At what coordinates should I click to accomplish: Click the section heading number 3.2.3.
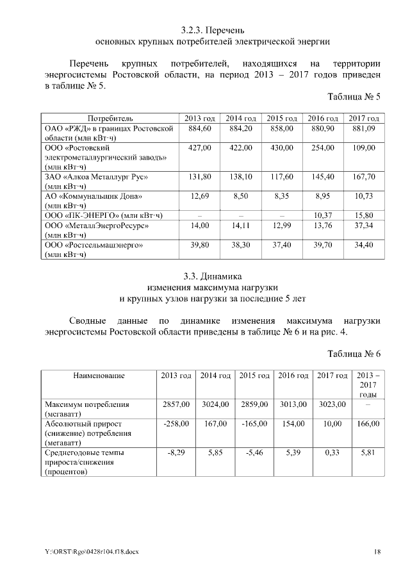point(193,30)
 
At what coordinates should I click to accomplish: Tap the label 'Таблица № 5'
point(354,97)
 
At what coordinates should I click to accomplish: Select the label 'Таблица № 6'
point(354,354)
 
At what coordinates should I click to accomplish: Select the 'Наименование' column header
point(99,375)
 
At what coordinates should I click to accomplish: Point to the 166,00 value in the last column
point(368,424)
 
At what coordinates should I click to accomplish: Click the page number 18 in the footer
point(377,551)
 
